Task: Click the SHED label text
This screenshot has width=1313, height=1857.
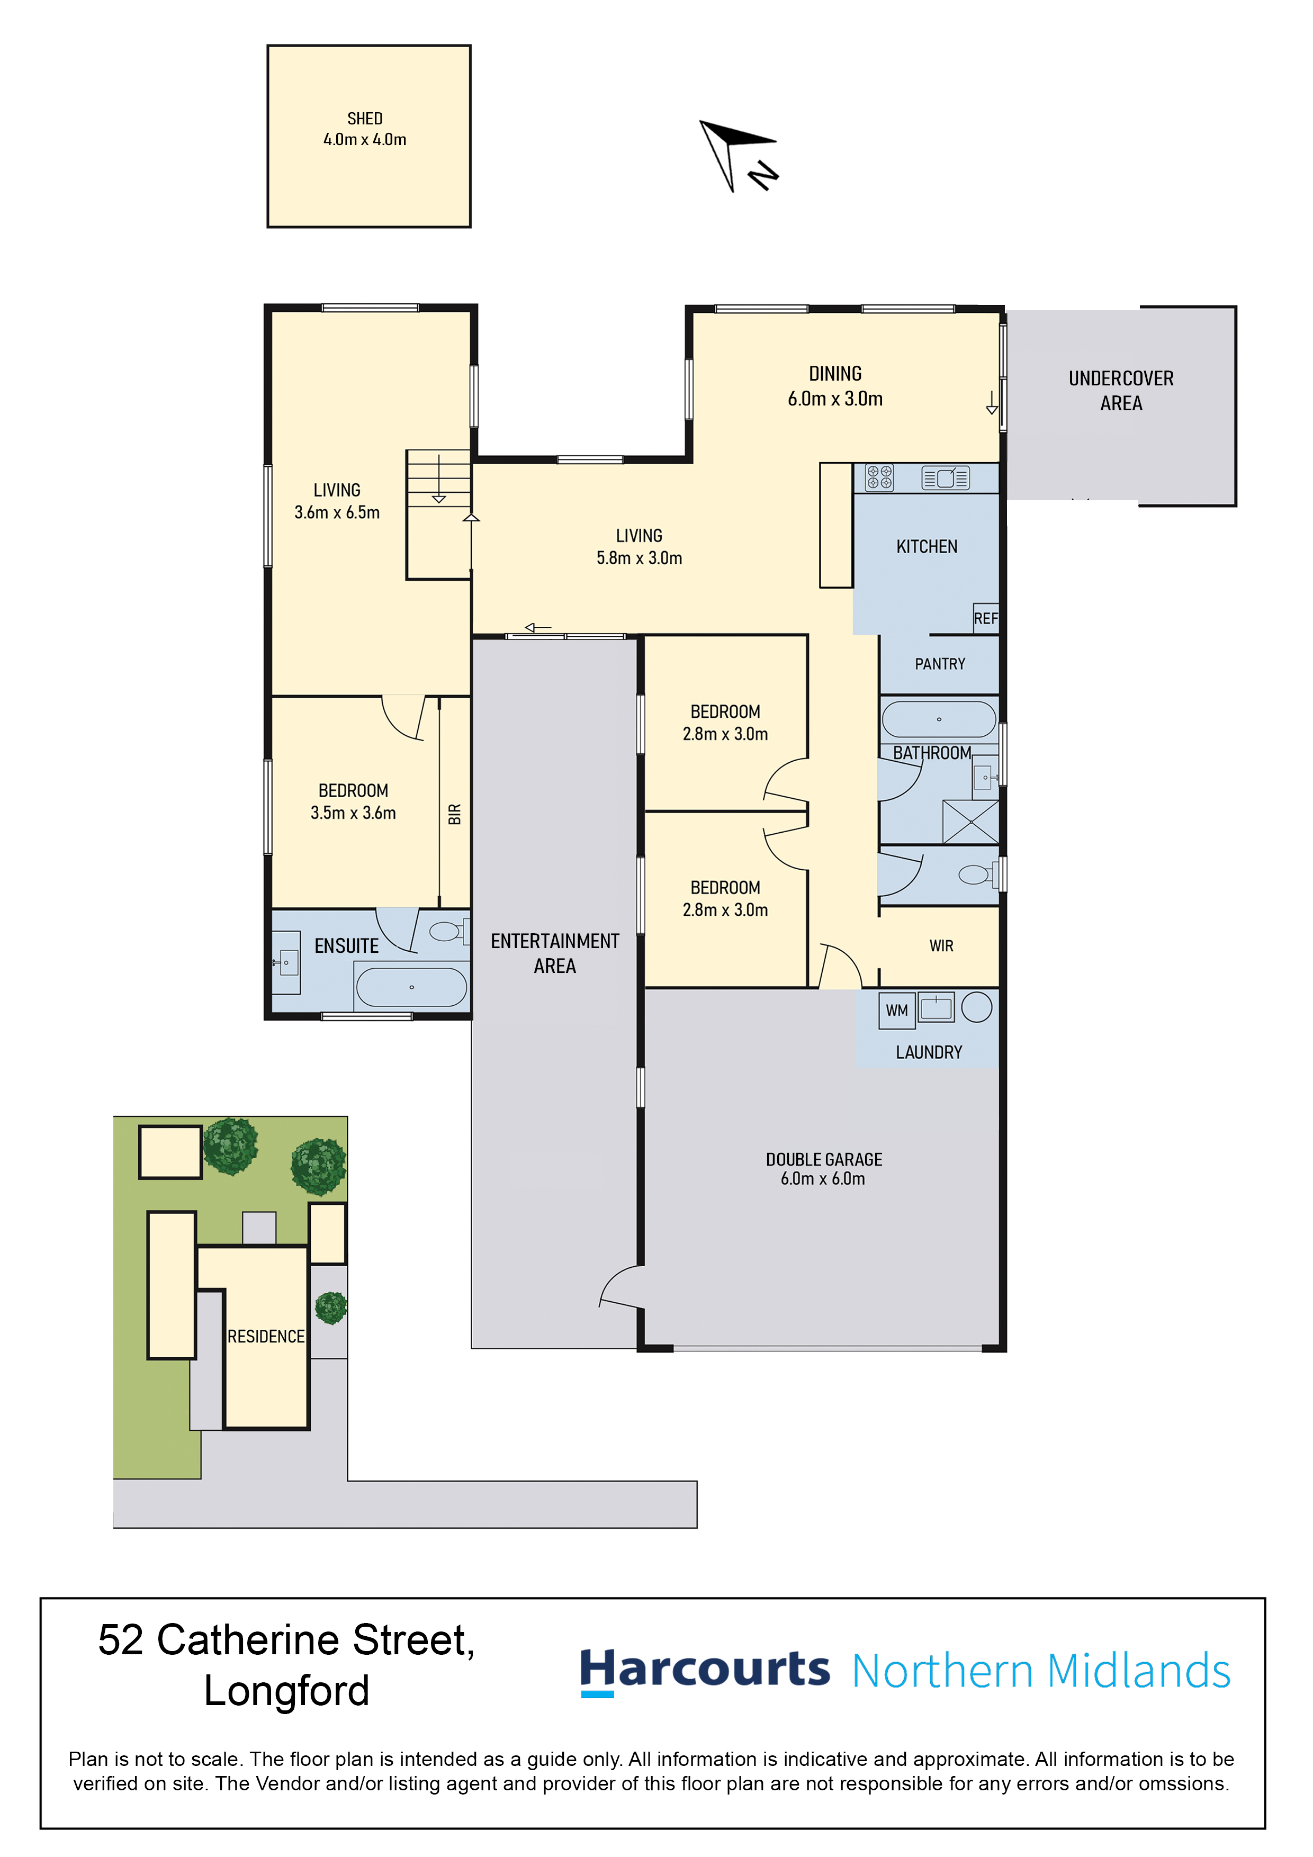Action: pyautogui.click(x=365, y=119)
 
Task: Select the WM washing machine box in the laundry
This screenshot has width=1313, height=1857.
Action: pyautogui.click(x=896, y=1010)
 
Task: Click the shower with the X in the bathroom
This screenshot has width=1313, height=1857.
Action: pyautogui.click(x=971, y=822)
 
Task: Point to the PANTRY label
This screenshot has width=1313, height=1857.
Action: pyautogui.click(x=940, y=664)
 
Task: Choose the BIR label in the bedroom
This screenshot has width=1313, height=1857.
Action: pyautogui.click(x=455, y=815)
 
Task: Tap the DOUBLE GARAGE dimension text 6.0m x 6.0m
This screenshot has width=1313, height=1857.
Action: pyautogui.click(x=823, y=1178)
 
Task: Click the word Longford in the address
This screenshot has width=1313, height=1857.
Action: pyautogui.click(x=286, y=1690)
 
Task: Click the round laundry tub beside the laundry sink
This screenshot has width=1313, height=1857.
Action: pyautogui.click(x=977, y=1007)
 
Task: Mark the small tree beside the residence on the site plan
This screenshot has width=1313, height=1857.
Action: pyautogui.click(x=331, y=1308)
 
